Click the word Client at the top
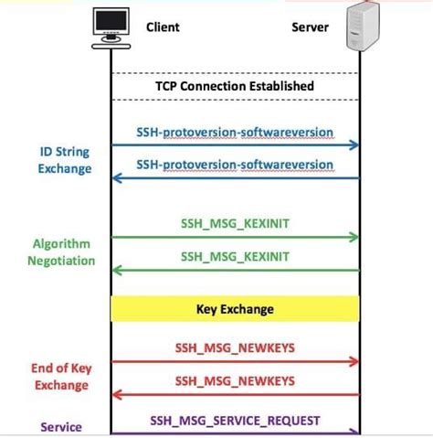tap(163, 27)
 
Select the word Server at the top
tap(310, 27)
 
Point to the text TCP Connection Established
tap(235, 86)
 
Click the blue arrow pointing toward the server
tap(235, 144)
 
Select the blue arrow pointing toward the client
tap(235, 178)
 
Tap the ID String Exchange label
tap(65, 160)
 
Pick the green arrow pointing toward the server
tap(235, 237)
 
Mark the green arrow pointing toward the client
tap(235, 271)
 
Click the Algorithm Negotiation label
tap(64, 252)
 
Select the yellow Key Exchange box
tap(235, 309)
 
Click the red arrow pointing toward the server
tap(235, 362)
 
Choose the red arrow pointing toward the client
tap(235, 394)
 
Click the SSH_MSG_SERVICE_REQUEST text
tap(235, 420)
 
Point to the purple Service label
tap(61, 427)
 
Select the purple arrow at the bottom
tap(235, 433)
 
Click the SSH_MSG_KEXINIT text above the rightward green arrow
tap(235, 223)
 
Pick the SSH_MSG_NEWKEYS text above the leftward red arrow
tap(235, 380)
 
